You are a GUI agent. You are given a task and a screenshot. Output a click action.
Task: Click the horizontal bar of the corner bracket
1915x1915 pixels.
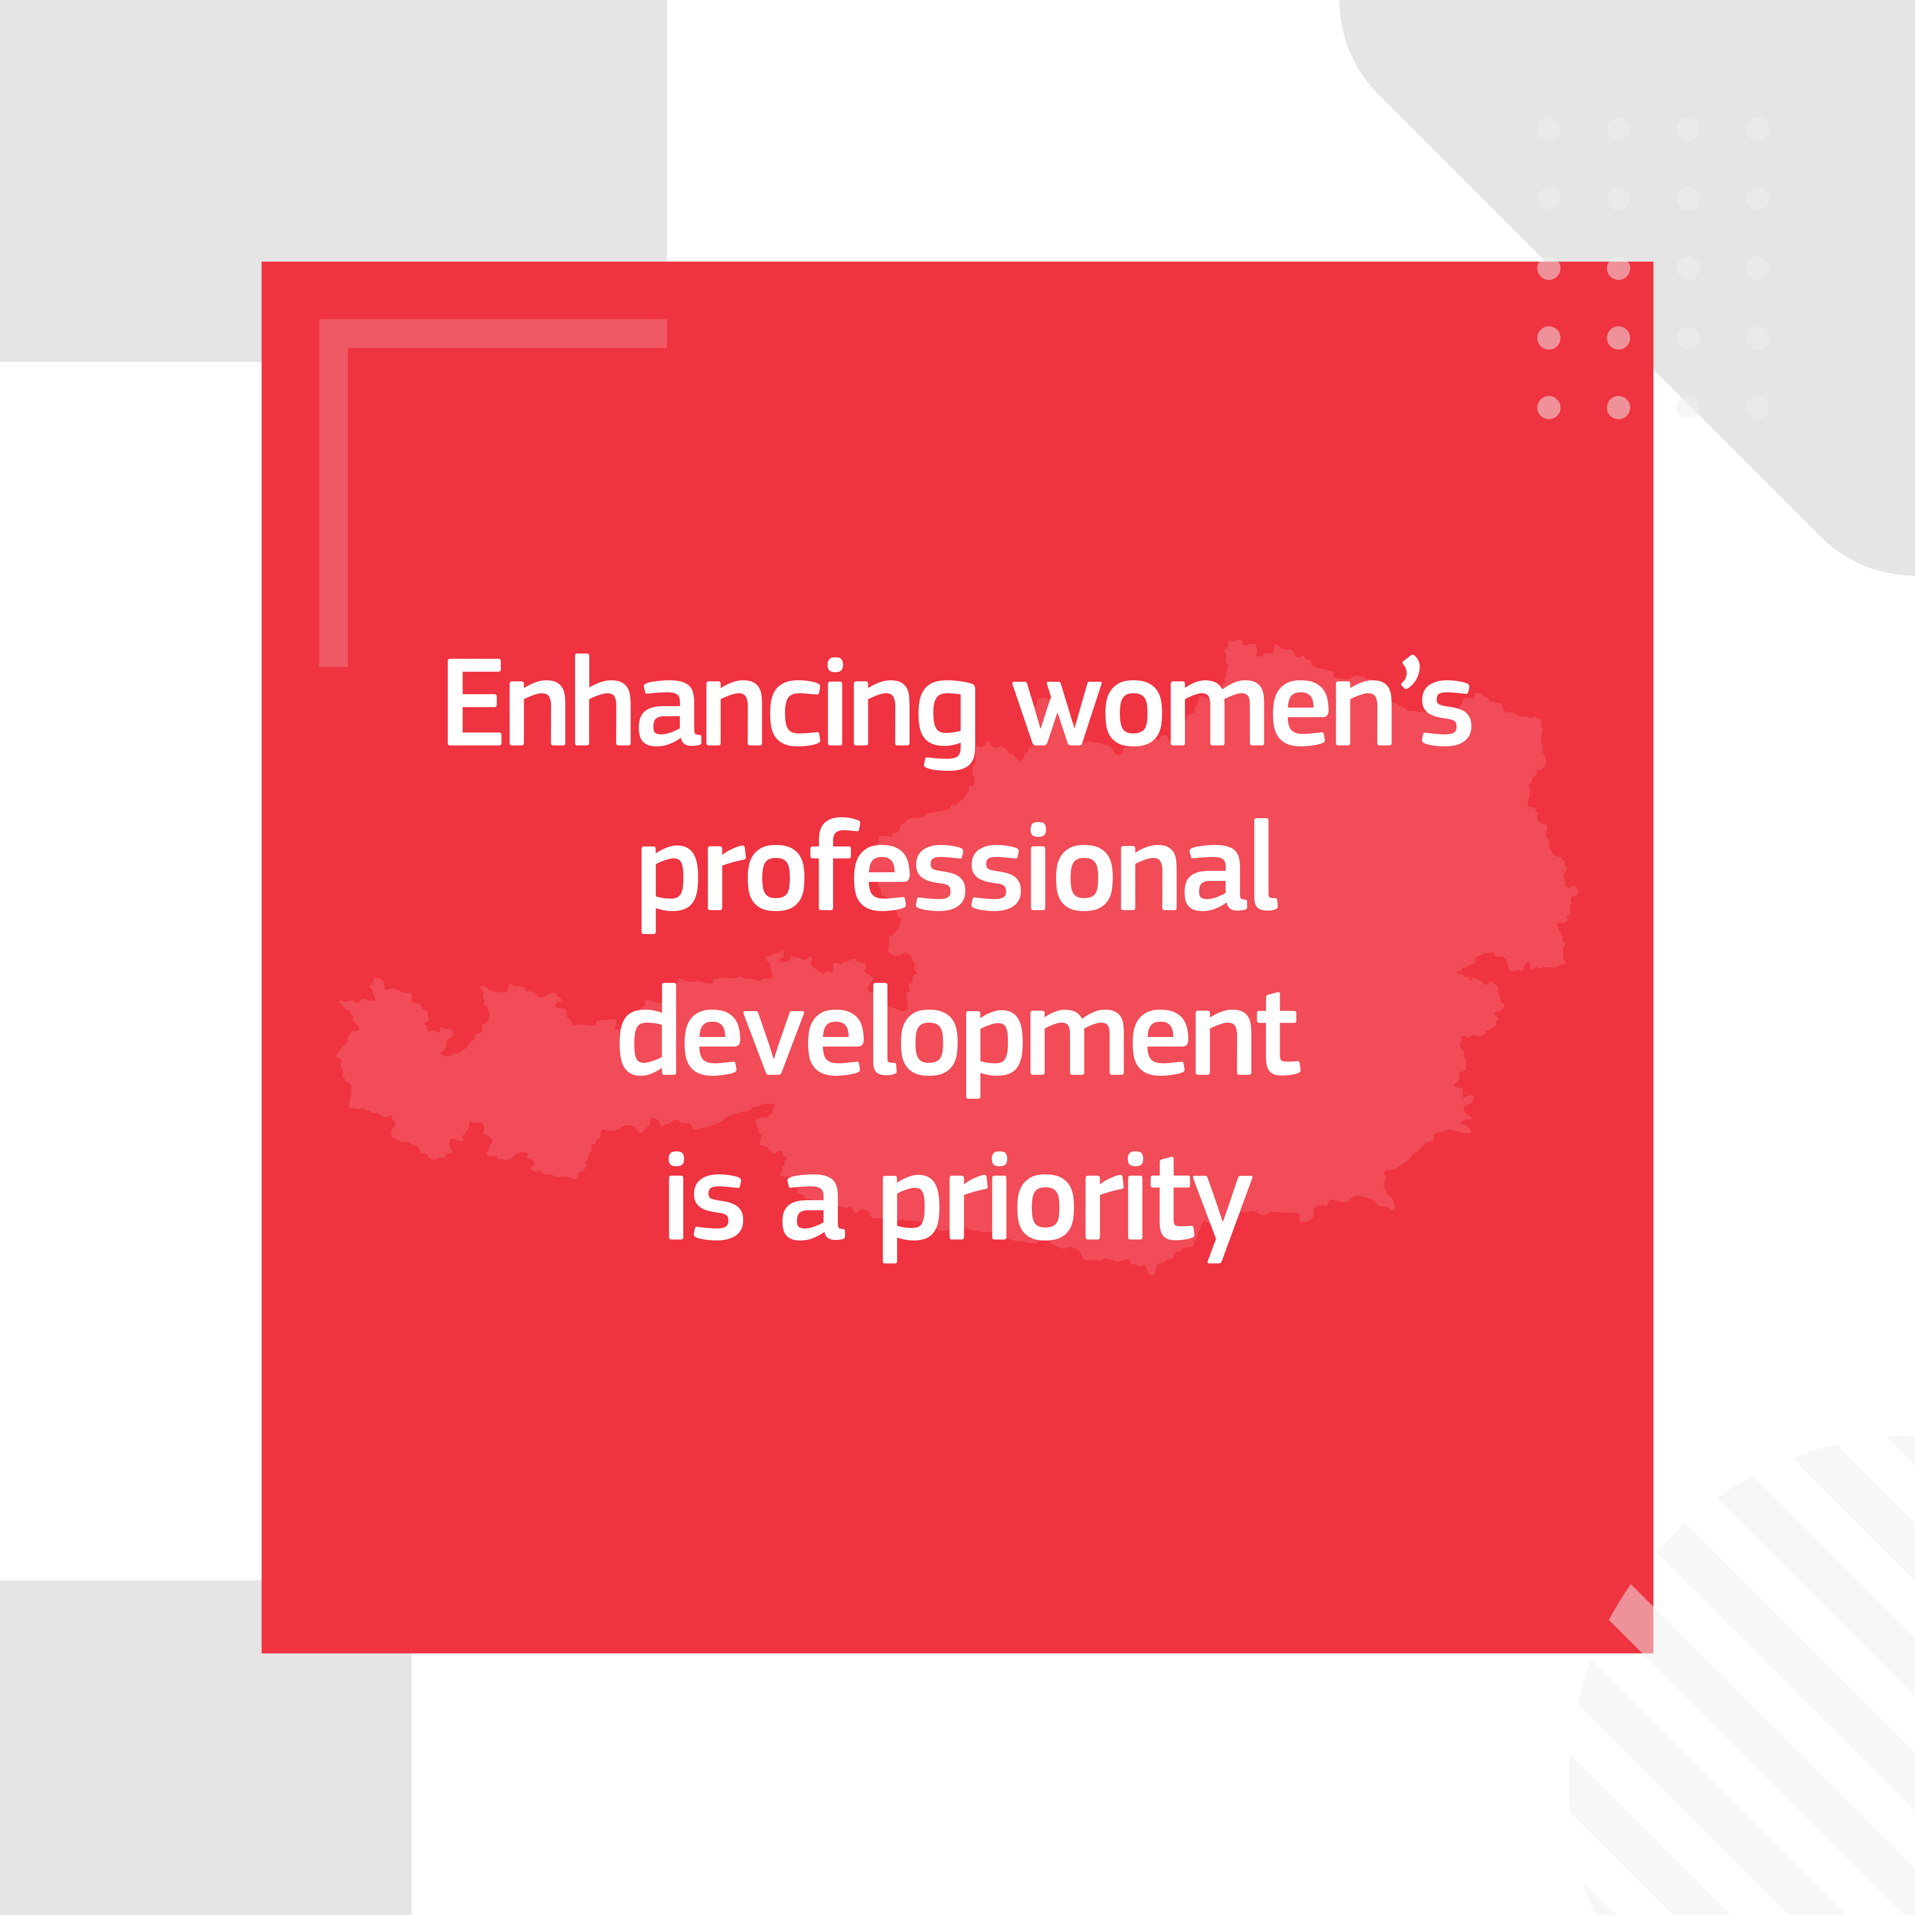(493, 333)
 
